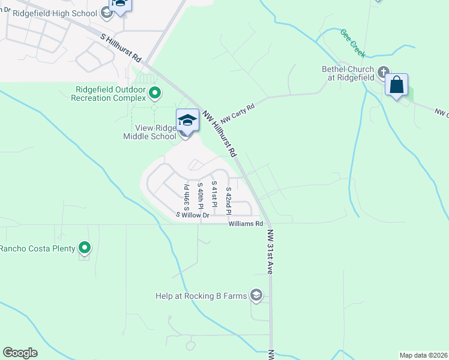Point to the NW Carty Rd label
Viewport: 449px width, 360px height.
tap(237, 113)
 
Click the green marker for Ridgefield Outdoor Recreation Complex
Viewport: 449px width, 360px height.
tap(155, 93)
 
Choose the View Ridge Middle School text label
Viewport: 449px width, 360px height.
tap(150, 132)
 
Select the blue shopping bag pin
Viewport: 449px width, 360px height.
tap(397, 85)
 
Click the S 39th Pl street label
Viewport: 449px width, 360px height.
tap(187, 194)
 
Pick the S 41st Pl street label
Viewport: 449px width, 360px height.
tap(214, 194)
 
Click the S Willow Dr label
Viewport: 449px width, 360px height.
tap(192, 215)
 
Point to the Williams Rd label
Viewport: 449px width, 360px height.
tap(246, 224)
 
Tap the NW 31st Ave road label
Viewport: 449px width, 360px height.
tap(270, 252)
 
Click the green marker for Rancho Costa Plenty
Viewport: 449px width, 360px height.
tap(85, 247)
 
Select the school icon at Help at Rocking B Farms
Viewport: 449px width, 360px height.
tap(256, 295)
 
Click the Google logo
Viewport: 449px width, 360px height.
tap(20, 353)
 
